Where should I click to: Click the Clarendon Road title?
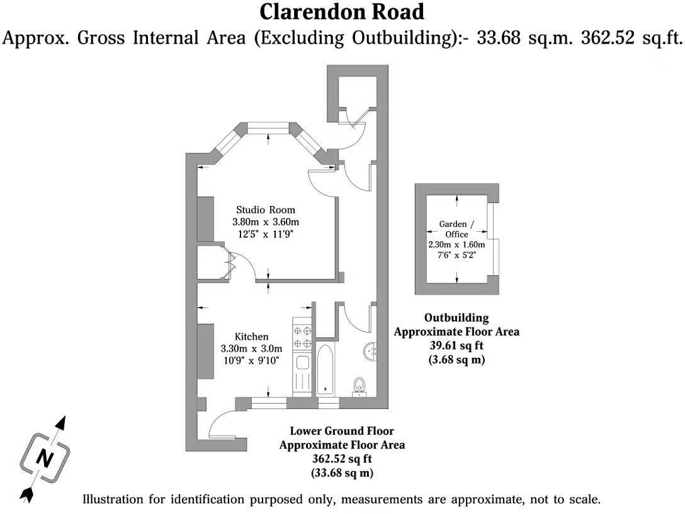(x=342, y=11)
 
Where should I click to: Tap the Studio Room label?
(x=265, y=210)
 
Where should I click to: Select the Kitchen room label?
(x=252, y=336)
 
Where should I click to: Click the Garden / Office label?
(x=456, y=228)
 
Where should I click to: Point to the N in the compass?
(x=43, y=458)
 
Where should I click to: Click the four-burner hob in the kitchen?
(x=302, y=336)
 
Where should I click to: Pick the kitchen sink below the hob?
(x=302, y=363)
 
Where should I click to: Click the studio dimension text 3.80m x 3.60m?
(x=265, y=222)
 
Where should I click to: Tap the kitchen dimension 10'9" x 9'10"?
(x=251, y=360)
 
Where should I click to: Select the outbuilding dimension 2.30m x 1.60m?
(x=456, y=245)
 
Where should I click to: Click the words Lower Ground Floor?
(x=342, y=431)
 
